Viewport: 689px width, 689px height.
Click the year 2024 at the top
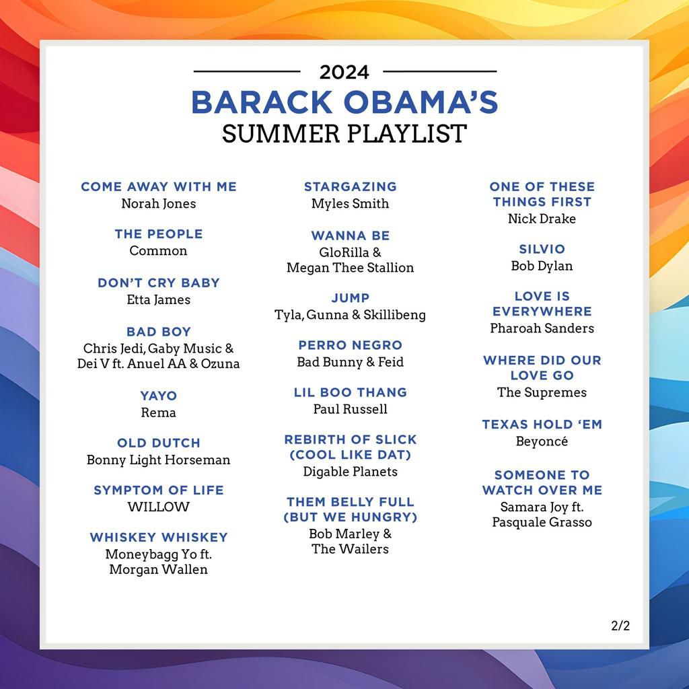(x=344, y=71)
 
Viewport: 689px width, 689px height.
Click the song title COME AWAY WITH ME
(x=159, y=186)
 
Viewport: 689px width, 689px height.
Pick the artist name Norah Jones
(x=159, y=203)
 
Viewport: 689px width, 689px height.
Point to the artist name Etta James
(x=159, y=299)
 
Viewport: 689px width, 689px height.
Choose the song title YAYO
(x=159, y=396)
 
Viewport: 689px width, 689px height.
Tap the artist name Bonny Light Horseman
(x=159, y=460)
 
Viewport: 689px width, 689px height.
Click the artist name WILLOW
(x=159, y=507)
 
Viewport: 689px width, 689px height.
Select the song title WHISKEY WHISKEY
(x=159, y=537)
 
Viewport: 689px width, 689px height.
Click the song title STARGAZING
(x=351, y=186)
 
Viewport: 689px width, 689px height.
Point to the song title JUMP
(x=351, y=297)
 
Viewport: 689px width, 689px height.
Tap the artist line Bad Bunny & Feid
(x=351, y=362)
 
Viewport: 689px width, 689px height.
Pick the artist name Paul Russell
(x=351, y=409)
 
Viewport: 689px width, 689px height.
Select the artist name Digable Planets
(x=351, y=472)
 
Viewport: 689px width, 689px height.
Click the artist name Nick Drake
(x=542, y=219)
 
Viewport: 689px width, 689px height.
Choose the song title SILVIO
(x=542, y=249)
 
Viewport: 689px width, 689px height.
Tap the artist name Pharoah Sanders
(x=542, y=328)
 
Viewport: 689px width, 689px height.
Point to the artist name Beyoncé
(x=542, y=441)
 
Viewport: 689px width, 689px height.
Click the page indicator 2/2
(x=620, y=626)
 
